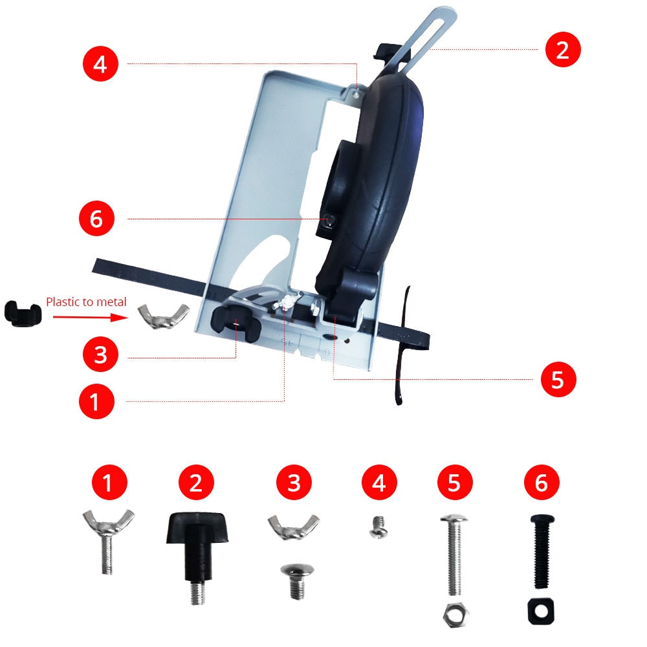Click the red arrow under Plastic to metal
click(x=91, y=317)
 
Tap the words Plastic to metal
click(x=86, y=302)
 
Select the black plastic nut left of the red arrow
click(x=23, y=314)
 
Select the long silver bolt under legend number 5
click(x=454, y=554)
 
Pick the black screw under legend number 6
click(x=542, y=551)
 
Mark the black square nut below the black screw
click(x=541, y=611)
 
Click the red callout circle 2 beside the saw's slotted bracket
click(x=563, y=50)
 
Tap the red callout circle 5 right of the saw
click(x=558, y=379)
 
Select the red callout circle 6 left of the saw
click(x=96, y=219)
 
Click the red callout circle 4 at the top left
click(x=100, y=63)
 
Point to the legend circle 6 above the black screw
click(x=542, y=483)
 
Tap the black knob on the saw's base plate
click(x=236, y=323)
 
